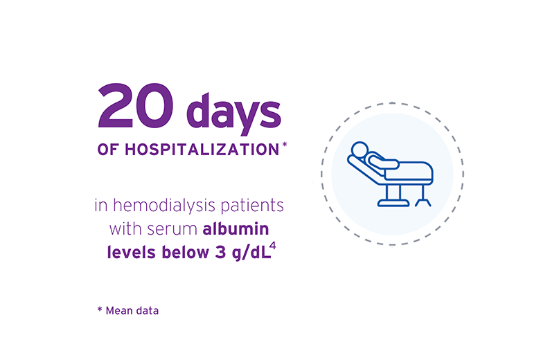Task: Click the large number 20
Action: tap(136, 105)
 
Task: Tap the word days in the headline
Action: tap(234, 113)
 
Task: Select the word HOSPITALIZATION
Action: tap(202, 150)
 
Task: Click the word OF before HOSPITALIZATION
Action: tap(108, 150)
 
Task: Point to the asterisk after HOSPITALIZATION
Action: tap(285, 145)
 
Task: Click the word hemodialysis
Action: tap(164, 205)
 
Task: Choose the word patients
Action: tap(252, 206)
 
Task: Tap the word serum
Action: tap(172, 230)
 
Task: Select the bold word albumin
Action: tap(236, 228)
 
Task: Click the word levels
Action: tap(132, 252)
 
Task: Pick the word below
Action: tap(186, 252)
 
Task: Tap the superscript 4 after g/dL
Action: tap(273, 246)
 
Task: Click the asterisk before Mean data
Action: tap(100, 309)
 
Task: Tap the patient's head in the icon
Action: tap(360, 150)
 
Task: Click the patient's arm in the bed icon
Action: tap(383, 162)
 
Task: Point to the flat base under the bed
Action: tap(393, 203)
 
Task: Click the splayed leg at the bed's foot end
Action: tap(423, 202)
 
